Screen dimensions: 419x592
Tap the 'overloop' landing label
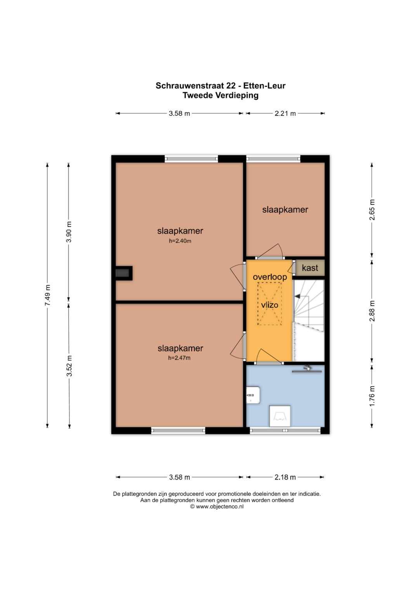coord(270,277)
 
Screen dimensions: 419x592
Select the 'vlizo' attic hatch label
coord(270,305)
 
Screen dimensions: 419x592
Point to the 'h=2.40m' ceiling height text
coord(180,241)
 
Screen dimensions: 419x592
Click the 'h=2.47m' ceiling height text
coord(179,358)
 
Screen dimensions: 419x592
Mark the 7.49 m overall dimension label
coord(47,295)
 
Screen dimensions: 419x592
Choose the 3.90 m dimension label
coord(69,232)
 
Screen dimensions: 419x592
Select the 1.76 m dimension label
coord(372,397)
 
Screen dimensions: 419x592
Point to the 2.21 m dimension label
coord(285,113)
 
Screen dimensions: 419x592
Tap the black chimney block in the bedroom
coord(124,273)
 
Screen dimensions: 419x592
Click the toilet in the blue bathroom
coord(280,416)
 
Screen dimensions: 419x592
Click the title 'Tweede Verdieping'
coord(220,95)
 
